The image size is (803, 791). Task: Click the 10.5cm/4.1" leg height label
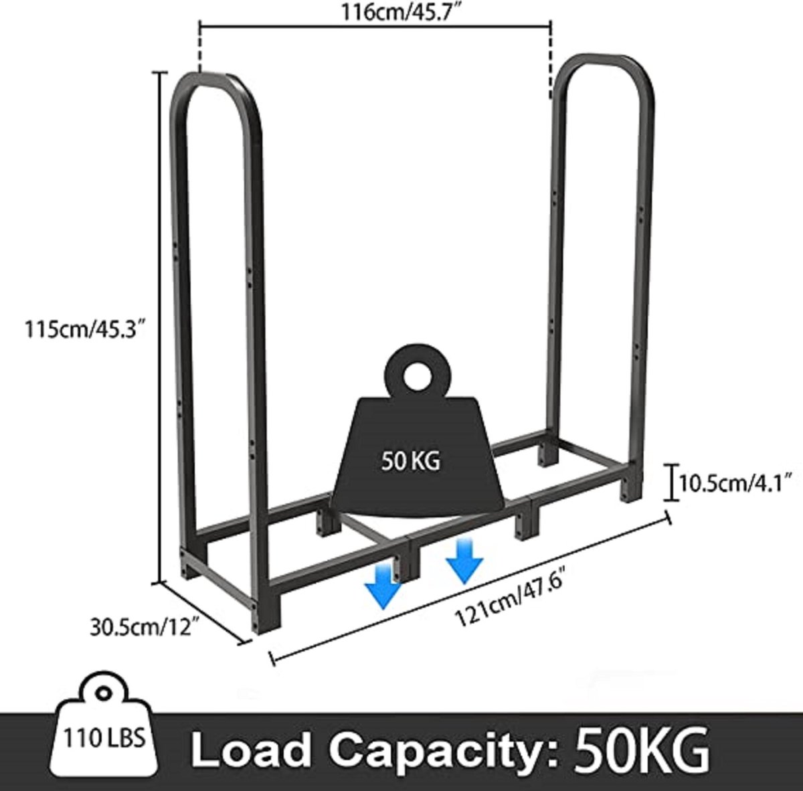(x=735, y=484)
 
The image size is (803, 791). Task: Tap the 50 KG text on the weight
(x=410, y=461)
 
